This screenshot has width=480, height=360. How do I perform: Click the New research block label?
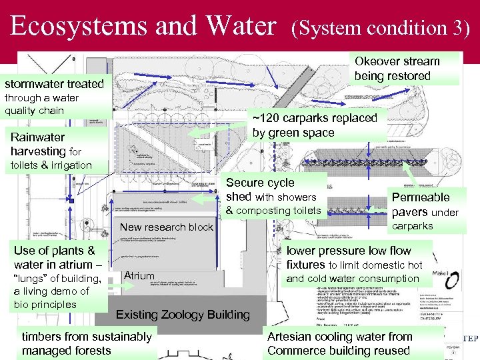pyautogui.click(x=166, y=227)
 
